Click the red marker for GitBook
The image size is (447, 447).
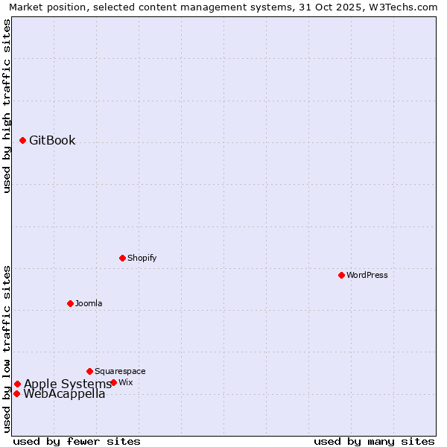(x=22, y=140)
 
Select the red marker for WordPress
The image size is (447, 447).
(x=341, y=275)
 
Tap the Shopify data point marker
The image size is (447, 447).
(x=122, y=258)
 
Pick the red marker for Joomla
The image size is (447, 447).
(x=70, y=303)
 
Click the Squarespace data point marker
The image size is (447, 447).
(x=89, y=371)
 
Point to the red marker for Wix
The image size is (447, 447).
(x=113, y=382)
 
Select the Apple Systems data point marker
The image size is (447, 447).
(x=17, y=384)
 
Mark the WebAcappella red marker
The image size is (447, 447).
(x=16, y=393)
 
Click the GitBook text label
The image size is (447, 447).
(x=52, y=140)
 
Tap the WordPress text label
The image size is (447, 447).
(x=367, y=275)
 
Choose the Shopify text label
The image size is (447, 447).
(x=142, y=258)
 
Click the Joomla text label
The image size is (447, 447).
(x=89, y=303)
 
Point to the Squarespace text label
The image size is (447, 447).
(x=120, y=371)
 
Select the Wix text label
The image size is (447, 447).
(x=126, y=382)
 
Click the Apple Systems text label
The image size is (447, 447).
(x=67, y=384)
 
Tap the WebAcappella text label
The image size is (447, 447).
(x=64, y=394)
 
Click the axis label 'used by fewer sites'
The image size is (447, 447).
(x=77, y=441)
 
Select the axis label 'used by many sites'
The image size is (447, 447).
(x=374, y=441)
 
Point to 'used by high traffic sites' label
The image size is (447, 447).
(x=7, y=106)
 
